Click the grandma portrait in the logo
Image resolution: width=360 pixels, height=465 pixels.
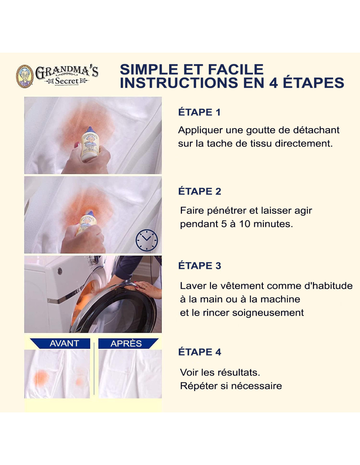pyautogui.click(x=25, y=76)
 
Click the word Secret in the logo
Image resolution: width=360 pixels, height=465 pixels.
pyautogui.click(x=67, y=81)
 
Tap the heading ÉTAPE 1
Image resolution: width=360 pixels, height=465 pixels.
pyautogui.click(x=199, y=112)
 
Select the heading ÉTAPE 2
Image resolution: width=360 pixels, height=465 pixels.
pyautogui.click(x=200, y=191)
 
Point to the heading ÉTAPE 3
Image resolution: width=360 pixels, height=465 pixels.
pyautogui.click(x=200, y=266)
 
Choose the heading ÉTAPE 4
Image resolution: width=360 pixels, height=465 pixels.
pyautogui.click(x=200, y=352)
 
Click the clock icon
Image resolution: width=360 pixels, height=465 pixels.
pyautogui.click(x=147, y=240)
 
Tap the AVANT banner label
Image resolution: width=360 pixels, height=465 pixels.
pyautogui.click(x=64, y=343)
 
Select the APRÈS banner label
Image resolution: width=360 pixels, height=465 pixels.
pyautogui.click(x=126, y=343)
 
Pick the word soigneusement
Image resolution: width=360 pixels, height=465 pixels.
pyautogui.click(x=268, y=313)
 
